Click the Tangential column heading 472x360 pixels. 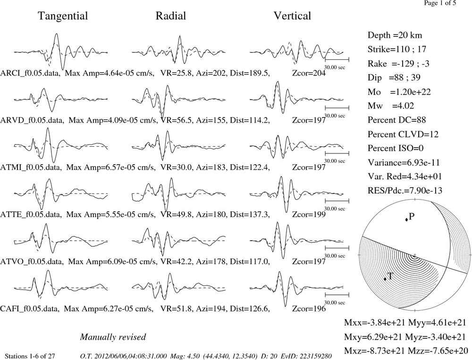63,16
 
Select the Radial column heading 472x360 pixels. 171,16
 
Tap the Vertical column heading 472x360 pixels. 292,16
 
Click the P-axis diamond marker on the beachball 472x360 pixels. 406,220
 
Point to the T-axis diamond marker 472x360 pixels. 385,279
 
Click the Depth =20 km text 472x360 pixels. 395,35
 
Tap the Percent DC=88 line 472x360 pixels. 396,120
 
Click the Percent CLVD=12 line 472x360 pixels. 403,134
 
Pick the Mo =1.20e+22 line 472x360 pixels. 399,92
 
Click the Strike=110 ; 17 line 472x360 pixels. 397,49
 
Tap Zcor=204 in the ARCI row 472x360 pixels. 309,73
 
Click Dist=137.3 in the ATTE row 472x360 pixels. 250,214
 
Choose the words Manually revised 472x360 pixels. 113,337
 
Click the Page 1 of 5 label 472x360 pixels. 440,3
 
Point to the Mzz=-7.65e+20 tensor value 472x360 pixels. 437,351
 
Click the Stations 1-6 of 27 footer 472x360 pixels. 30,356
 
